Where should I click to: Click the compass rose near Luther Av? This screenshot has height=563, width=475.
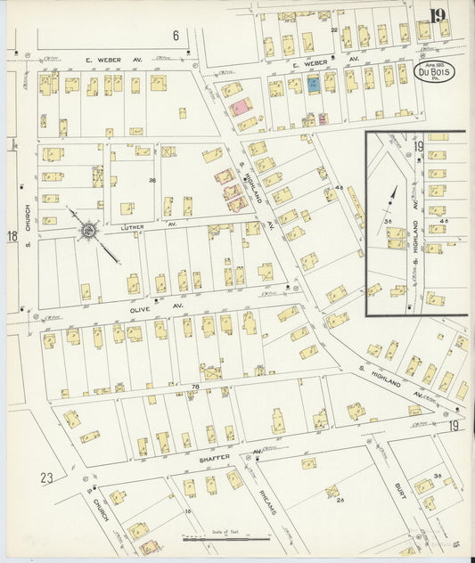[x=89, y=232]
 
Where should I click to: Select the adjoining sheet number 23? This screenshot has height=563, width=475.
[x=46, y=477]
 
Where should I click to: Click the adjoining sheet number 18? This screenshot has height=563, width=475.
[x=12, y=236]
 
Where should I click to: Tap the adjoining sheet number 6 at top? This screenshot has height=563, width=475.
[x=176, y=36]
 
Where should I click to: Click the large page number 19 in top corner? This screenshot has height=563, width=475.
[x=437, y=15]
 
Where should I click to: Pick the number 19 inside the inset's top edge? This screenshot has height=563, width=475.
[x=418, y=146]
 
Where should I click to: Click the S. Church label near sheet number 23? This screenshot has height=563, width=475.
[x=99, y=505]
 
